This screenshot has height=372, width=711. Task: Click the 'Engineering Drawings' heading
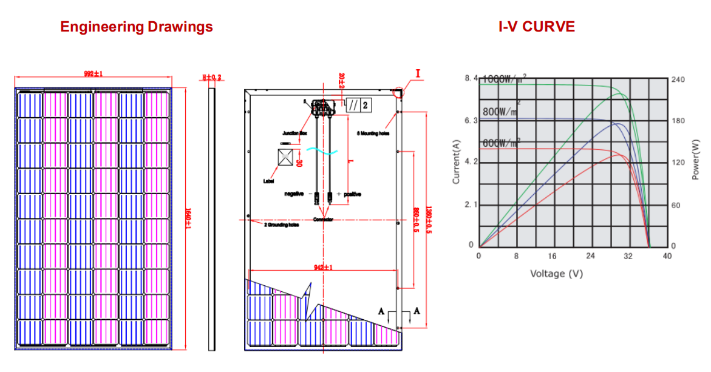(137, 27)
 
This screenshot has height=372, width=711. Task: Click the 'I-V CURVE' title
(536, 27)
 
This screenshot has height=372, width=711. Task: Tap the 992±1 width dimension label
(94, 74)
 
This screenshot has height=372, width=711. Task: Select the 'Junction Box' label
(295, 133)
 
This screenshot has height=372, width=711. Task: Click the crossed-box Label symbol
(286, 157)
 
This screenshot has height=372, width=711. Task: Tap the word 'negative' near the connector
(294, 194)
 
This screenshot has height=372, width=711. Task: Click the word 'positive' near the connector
(352, 194)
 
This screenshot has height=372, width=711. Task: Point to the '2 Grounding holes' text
(281, 225)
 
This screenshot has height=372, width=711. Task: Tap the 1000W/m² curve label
(503, 78)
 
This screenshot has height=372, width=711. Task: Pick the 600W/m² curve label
(502, 143)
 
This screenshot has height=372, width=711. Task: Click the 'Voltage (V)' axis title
(556, 274)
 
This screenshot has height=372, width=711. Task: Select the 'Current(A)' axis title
(456, 161)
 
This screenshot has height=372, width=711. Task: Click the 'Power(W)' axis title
(696, 159)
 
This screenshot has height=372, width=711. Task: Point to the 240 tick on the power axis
(678, 79)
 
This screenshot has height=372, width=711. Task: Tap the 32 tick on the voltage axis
(628, 256)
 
